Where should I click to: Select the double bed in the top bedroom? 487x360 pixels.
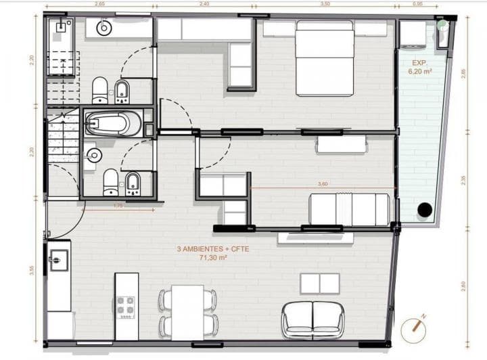tap(325, 58)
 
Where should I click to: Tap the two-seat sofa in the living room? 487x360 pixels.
tap(313, 319)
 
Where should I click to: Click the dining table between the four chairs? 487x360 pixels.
tap(187, 312)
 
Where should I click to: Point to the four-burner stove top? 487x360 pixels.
tap(126, 307)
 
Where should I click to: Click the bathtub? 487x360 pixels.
tap(112, 124)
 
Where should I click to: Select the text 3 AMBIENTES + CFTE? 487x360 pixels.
tap(213, 249)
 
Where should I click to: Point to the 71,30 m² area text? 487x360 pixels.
tap(213, 258)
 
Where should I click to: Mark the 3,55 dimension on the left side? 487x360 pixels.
tap(32, 270)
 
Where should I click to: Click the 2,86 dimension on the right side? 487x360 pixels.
tap(463, 73)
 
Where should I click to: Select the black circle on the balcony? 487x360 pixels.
tap(424, 210)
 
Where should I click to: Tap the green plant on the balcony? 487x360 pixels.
tap(442, 25)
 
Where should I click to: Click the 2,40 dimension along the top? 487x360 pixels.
tap(204, 4)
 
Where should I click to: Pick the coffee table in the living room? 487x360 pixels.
tap(319, 283)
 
